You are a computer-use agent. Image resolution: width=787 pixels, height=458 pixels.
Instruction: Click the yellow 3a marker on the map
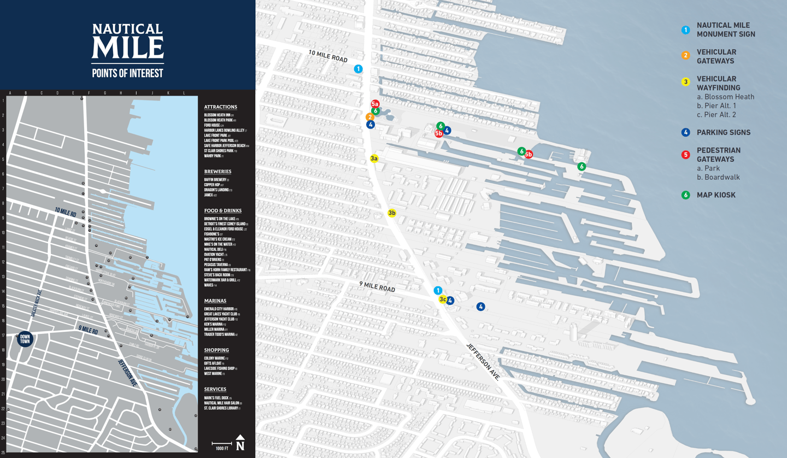coord(374,158)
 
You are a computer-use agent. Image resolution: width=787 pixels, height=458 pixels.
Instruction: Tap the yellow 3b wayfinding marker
coord(392,213)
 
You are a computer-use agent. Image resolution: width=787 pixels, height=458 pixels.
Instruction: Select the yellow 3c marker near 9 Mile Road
coord(443,300)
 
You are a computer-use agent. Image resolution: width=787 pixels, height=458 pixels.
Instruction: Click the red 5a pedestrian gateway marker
coord(375,104)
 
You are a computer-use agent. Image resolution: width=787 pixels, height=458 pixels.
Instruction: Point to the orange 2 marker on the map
coord(370,117)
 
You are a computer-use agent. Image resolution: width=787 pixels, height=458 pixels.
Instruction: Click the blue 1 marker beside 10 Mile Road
coord(358,69)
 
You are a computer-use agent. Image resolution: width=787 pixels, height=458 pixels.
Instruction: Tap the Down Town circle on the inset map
coord(25,339)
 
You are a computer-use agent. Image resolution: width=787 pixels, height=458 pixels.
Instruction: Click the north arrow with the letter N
coord(240,443)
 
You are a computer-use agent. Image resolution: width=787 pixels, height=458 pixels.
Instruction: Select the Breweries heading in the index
coord(218,172)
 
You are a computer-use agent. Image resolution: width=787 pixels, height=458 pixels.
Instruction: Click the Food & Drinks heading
coord(222,210)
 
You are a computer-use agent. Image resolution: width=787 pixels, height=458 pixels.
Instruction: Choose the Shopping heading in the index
coord(216,350)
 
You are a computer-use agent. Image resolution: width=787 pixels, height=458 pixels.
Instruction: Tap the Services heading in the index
coord(215,389)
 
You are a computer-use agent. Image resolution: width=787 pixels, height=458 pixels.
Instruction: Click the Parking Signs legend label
coord(723,132)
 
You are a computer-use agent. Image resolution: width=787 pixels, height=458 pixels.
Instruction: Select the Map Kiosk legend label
coord(716,195)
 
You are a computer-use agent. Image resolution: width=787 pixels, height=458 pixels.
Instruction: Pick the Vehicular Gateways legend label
coord(716,56)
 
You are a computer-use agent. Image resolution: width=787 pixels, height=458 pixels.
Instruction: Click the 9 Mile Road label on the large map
coord(377,286)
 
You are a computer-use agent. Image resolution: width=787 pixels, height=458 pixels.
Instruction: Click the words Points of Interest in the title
coord(127,73)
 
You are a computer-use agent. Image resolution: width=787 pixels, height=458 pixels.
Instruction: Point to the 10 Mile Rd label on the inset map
coord(65,212)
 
